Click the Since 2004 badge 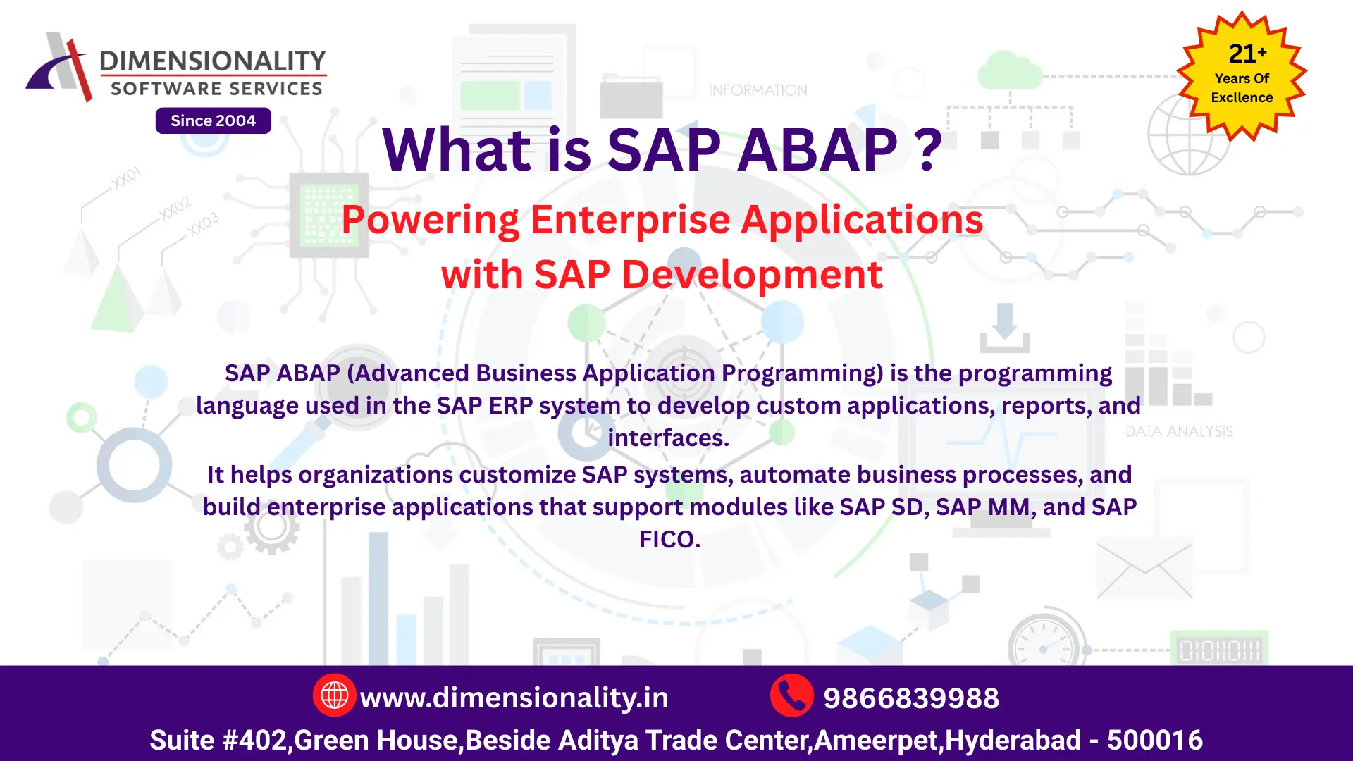(213, 120)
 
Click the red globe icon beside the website (334, 695)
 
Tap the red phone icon (791, 695)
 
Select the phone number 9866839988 (910, 698)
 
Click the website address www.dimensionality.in (514, 698)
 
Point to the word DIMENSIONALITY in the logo (213, 61)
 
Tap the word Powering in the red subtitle (430, 220)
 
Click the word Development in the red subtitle (752, 274)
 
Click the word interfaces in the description (667, 438)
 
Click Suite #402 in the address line (218, 740)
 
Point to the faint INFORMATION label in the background (758, 90)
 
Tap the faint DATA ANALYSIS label (1179, 431)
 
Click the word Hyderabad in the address (1013, 740)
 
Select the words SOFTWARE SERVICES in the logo (216, 89)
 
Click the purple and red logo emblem (59, 67)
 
